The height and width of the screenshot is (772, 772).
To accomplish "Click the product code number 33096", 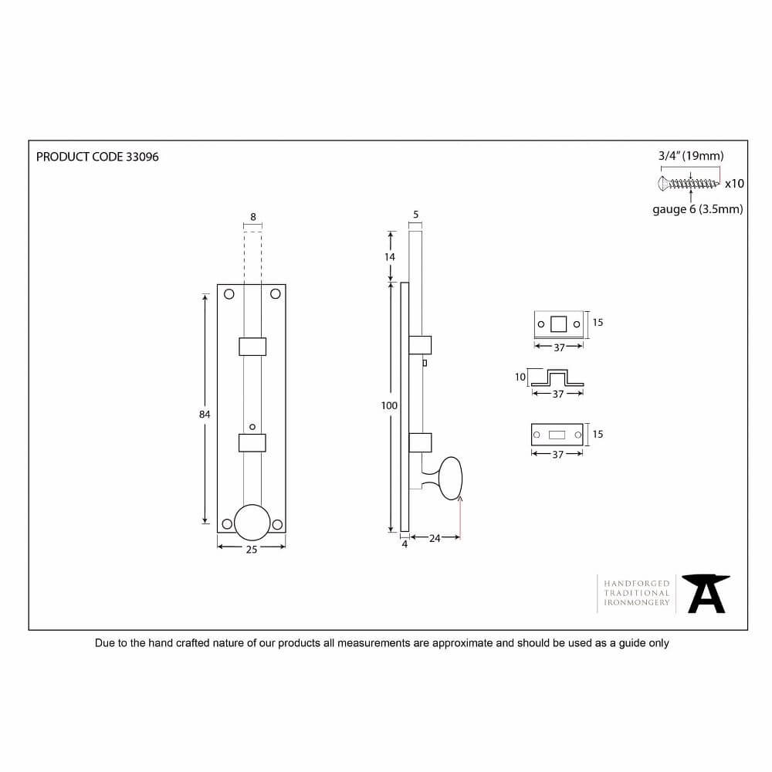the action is (142, 157).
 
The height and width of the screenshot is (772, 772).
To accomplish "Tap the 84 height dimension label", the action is (205, 415).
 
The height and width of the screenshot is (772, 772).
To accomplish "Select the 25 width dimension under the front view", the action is (252, 550).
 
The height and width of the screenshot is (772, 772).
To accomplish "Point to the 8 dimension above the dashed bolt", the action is (253, 217).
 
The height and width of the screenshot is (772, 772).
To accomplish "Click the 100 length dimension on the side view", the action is (389, 406).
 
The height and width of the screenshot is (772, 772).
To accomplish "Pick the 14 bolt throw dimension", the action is (389, 257).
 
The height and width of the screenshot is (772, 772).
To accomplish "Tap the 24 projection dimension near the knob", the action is (434, 539).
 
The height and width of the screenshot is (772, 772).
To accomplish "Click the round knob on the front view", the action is (252, 523).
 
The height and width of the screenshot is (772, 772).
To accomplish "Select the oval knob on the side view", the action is (450, 478).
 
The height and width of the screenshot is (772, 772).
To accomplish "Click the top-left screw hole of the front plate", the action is (229, 294).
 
